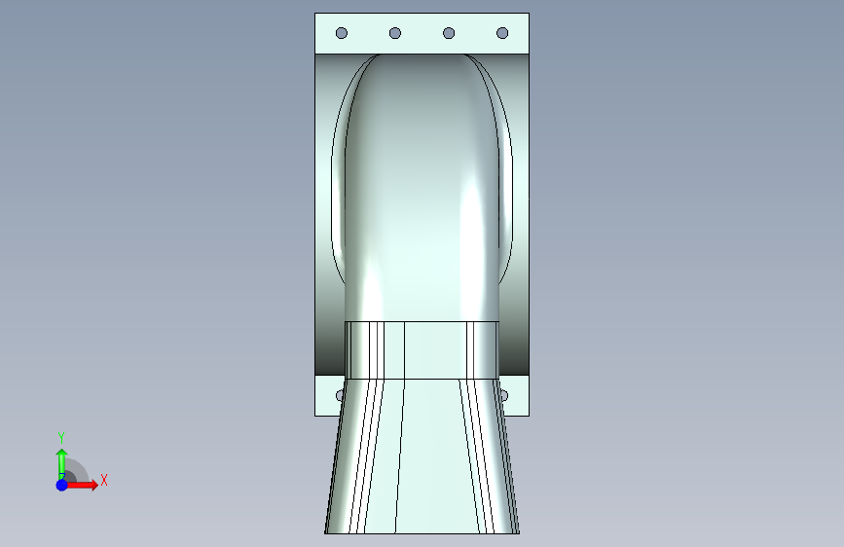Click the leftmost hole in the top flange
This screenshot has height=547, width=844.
click(342, 33)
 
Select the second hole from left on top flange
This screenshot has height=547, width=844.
click(395, 33)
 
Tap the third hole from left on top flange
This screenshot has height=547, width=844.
click(449, 33)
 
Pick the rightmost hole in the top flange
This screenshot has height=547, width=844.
click(502, 33)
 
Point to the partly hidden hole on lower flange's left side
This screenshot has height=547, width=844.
click(339, 396)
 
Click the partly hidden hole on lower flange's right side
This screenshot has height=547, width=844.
click(504, 396)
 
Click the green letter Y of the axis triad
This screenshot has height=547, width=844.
click(61, 438)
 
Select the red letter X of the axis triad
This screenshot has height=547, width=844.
click(104, 480)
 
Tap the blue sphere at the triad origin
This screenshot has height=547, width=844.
click(62, 485)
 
